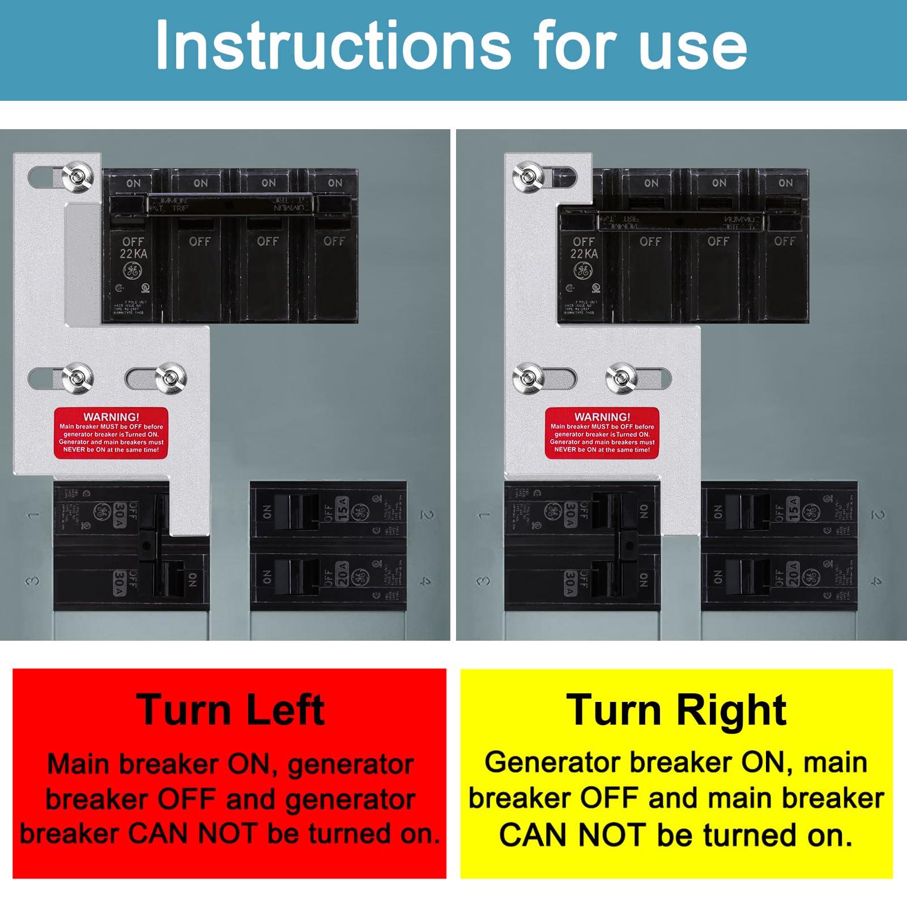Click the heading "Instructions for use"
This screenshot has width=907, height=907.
(x=451, y=45)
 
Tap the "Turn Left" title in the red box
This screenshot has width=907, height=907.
(x=230, y=709)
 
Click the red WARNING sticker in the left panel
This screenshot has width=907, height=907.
(x=111, y=433)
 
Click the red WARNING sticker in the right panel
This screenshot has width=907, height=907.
(x=602, y=433)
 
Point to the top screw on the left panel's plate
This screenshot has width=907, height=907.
(x=77, y=176)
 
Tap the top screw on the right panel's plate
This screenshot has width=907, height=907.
(x=528, y=176)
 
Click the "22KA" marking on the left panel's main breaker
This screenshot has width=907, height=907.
(x=133, y=253)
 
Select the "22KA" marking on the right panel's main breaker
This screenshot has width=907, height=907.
(x=584, y=253)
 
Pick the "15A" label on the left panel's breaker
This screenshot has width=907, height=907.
(x=342, y=509)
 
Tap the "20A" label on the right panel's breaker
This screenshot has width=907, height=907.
(x=793, y=574)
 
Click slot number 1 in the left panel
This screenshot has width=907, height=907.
(x=33, y=515)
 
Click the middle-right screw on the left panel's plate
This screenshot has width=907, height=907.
(x=171, y=378)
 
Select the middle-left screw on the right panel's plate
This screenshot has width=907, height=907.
(x=528, y=378)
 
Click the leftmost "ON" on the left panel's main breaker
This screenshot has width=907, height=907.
(x=133, y=183)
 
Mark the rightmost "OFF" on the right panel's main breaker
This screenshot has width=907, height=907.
(x=785, y=241)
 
